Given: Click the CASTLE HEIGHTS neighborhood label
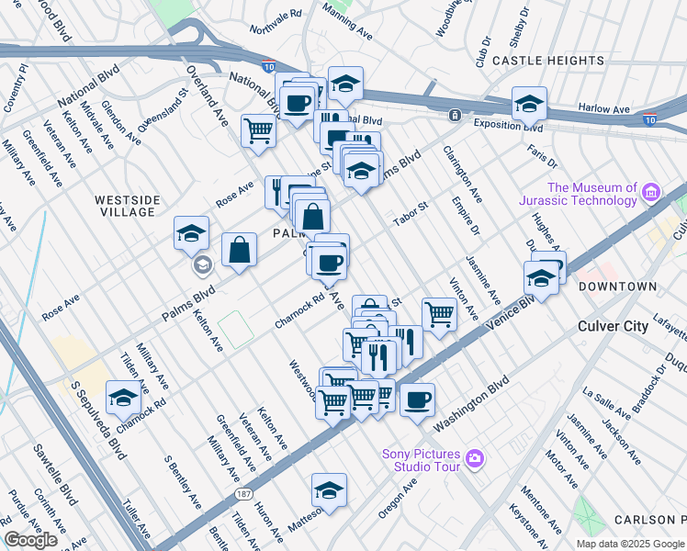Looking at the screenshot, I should click(x=547, y=61).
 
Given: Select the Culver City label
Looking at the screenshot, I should click(x=614, y=326).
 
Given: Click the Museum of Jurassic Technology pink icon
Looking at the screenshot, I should click(x=651, y=192).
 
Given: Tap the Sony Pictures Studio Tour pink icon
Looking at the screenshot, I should click(x=475, y=457).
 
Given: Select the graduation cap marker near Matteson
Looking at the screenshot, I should click(x=329, y=490).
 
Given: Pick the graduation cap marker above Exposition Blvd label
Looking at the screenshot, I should click(x=530, y=104).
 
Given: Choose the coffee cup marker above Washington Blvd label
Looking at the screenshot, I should click(x=417, y=400).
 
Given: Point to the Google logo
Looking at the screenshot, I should click(x=30, y=540).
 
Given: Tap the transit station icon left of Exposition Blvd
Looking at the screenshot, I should click(x=454, y=116).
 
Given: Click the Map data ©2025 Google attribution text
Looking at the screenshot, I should click(x=630, y=544).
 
